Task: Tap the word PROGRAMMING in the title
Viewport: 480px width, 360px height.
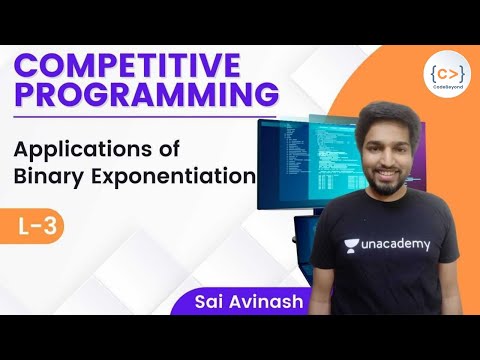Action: (147, 97)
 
